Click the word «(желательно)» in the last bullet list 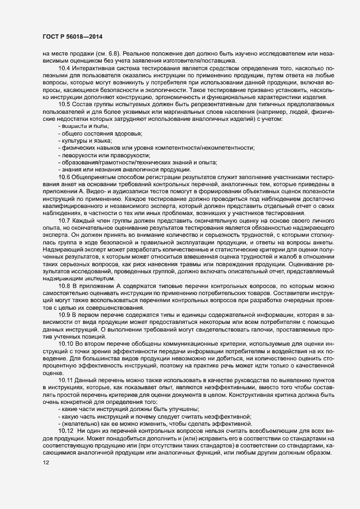(79, 424)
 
